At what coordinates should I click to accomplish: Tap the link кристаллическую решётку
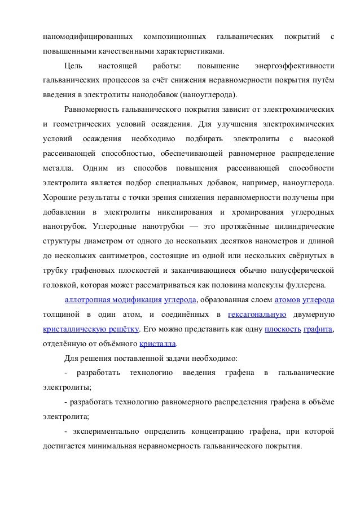click(90, 329)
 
